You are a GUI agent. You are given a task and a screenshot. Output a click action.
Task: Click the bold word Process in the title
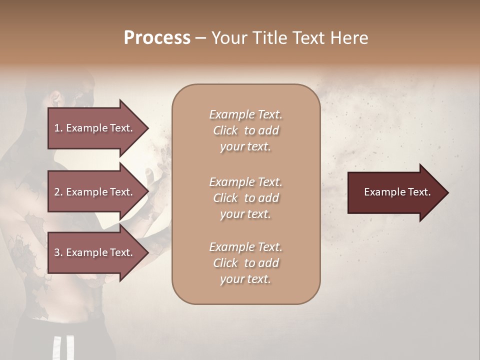[x=157, y=38]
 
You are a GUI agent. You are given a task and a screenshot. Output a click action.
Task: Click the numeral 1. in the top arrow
[x=58, y=128]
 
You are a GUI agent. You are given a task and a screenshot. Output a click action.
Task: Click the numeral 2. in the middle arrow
[x=58, y=192]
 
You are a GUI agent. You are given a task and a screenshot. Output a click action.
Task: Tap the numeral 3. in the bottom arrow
[x=58, y=252]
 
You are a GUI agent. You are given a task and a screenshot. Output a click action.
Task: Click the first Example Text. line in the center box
[x=245, y=114]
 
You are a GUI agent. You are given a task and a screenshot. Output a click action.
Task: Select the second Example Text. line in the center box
[x=245, y=182]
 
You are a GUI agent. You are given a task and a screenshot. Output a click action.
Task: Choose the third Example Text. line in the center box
[x=245, y=247]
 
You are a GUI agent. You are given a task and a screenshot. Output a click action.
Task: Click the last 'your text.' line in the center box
[x=245, y=279]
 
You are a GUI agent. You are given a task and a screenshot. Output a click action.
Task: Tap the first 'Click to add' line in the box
[x=245, y=130]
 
